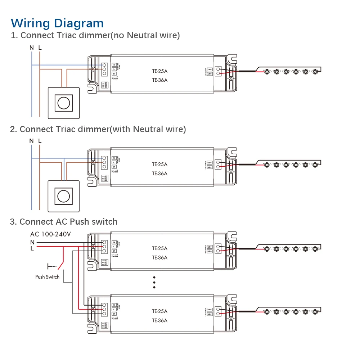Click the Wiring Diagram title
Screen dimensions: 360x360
tap(57, 23)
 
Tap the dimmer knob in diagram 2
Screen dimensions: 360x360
tap(63, 196)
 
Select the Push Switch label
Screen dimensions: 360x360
tap(47, 277)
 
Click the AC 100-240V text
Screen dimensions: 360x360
tap(50, 234)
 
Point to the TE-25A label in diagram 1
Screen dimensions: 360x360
tap(160, 71)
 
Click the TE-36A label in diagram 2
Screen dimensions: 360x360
tap(160, 174)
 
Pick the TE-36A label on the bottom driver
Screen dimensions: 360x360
tap(160, 320)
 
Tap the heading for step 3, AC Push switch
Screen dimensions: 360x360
tap(63, 222)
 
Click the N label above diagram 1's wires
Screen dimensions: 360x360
tap(32, 48)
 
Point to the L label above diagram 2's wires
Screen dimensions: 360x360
tap(40, 141)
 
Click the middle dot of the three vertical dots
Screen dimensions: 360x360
tap(154, 282)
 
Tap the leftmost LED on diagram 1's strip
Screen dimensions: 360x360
tap(266, 71)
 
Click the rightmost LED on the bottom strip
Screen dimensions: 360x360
tap(315, 311)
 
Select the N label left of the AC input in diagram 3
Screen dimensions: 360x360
tap(32, 242)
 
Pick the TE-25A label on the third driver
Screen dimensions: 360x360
tap(160, 248)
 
